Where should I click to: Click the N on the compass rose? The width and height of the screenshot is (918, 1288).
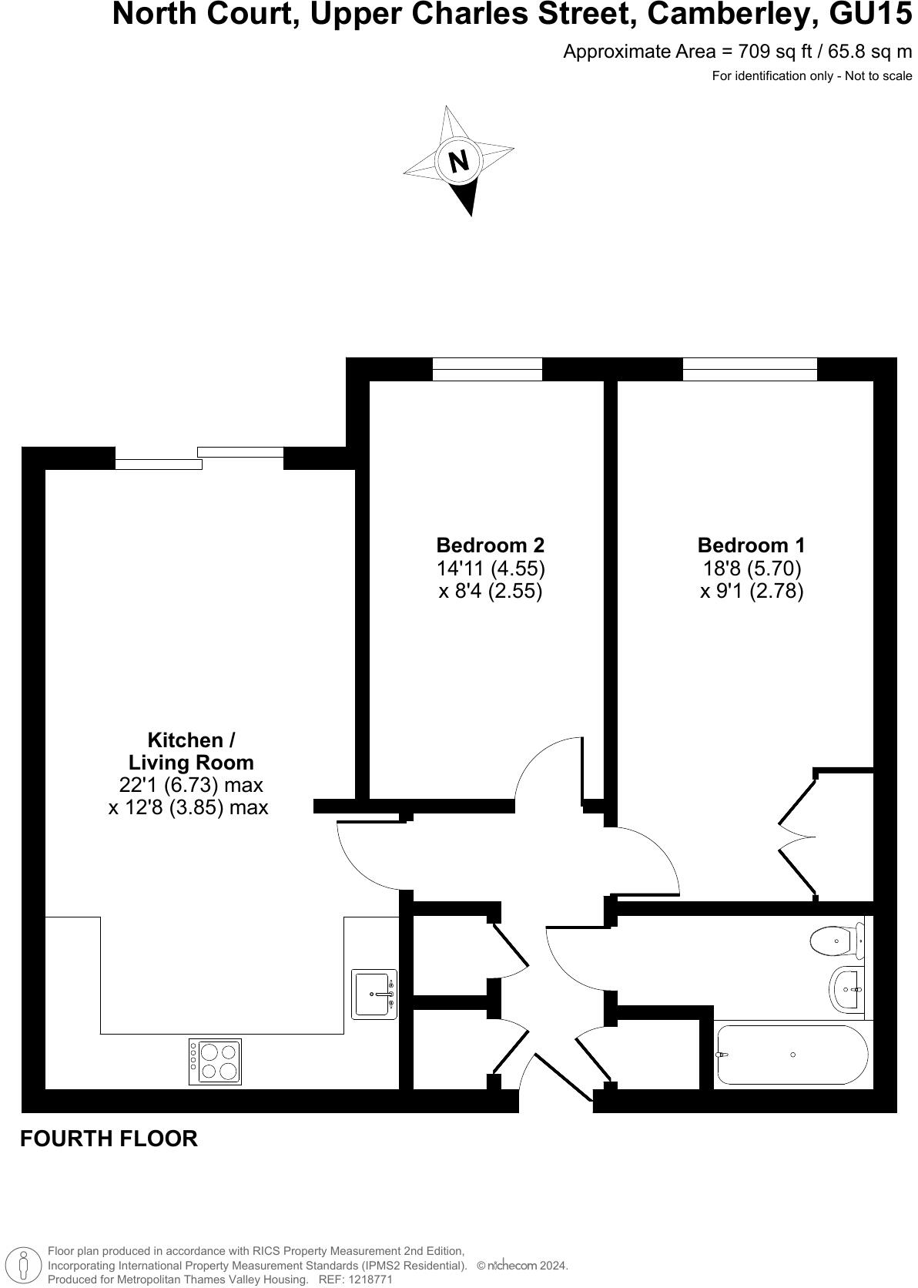pos(459,161)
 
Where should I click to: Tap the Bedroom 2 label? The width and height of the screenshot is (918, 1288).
pos(490,545)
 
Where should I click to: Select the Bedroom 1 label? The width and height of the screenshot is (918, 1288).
pos(751,545)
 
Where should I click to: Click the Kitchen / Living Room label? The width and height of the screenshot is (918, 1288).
pos(190,751)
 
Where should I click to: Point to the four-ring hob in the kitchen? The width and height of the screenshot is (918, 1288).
pos(215,1062)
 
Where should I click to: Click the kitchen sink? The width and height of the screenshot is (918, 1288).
pos(374,994)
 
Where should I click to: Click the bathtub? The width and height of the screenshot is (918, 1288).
pos(792,1055)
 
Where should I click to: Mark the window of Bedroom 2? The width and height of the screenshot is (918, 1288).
pos(487,369)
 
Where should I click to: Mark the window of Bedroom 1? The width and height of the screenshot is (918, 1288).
pos(749,369)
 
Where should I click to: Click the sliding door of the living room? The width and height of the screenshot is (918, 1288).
pos(199,458)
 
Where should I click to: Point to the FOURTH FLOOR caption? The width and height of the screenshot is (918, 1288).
pos(109,1139)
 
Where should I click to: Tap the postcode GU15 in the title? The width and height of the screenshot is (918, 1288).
pos(866,15)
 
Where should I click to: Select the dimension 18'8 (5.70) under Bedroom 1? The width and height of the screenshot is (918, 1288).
pos(751,569)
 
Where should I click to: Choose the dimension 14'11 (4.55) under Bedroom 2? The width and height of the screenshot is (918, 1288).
pos(491,569)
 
